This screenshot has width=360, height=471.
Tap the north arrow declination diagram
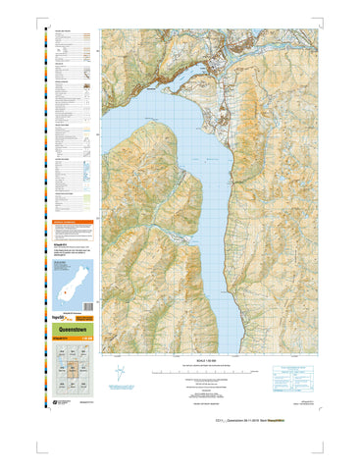(122, 376)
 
